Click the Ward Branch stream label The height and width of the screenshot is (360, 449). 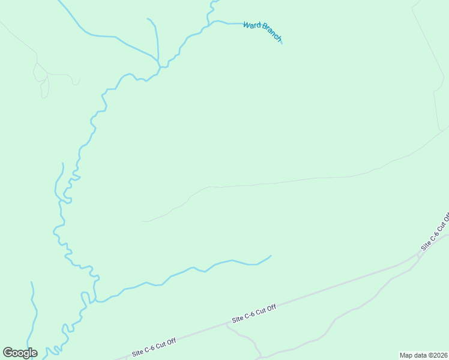pyautogui.click(x=262, y=32)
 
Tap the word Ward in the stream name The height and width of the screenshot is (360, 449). pyautogui.click(x=252, y=27)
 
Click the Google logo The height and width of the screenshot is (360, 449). pyautogui.click(x=20, y=353)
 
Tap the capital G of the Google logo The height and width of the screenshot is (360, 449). pyautogui.click(x=8, y=353)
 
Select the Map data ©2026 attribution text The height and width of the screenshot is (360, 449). pyautogui.click(x=424, y=355)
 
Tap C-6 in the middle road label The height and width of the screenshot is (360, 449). pyautogui.click(x=253, y=314)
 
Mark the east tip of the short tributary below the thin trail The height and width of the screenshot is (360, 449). pyautogui.click(x=271, y=256)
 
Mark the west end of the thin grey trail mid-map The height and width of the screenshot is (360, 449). pyautogui.click(x=142, y=221)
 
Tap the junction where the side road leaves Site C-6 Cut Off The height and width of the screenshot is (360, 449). pyautogui.click(x=228, y=325)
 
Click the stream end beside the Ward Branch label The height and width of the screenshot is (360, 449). pyautogui.click(x=281, y=43)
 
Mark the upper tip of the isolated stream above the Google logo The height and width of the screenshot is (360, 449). pyautogui.click(x=31, y=282)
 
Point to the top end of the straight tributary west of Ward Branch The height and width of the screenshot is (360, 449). pyautogui.click(x=148, y=19)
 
